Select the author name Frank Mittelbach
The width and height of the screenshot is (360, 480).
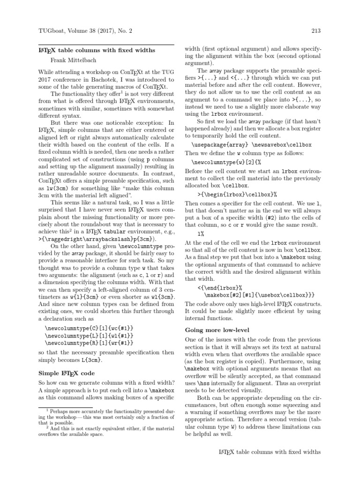click(x=76, y=60)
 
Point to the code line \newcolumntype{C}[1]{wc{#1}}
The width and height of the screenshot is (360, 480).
click(x=90, y=328)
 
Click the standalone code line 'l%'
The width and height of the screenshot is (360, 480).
click(x=201, y=233)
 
